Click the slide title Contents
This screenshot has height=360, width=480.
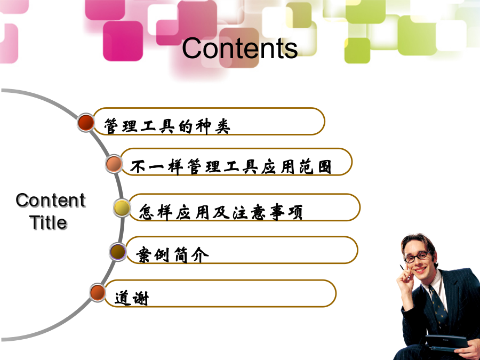pyautogui.click(x=239, y=48)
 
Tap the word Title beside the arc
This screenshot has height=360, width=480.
pyautogui.click(x=49, y=222)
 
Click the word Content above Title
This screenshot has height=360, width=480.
pyautogui.click(x=51, y=200)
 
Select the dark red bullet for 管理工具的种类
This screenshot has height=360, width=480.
pyautogui.click(x=86, y=123)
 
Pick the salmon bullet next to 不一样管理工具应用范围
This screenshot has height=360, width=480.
pyautogui.click(x=114, y=164)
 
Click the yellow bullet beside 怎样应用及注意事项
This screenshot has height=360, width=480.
pyautogui.click(x=122, y=208)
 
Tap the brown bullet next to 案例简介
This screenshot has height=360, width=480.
pyautogui.click(x=118, y=252)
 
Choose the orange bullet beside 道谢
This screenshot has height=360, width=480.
pyautogui.click(x=98, y=292)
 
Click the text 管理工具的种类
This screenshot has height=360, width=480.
pyautogui.click(x=167, y=126)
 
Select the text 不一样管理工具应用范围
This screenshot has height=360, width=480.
pyautogui.click(x=231, y=167)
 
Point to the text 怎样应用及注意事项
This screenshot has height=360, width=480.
pyautogui.click(x=221, y=212)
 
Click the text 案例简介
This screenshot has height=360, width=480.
pyautogui.click(x=172, y=255)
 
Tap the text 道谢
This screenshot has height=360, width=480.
pyautogui.click(x=132, y=298)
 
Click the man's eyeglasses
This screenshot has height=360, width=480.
pyautogui.click(x=417, y=257)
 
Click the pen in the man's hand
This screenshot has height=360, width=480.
pyautogui.click(x=402, y=268)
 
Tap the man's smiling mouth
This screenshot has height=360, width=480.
pyautogui.click(x=420, y=270)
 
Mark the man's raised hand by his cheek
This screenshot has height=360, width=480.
pyautogui.click(x=405, y=277)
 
